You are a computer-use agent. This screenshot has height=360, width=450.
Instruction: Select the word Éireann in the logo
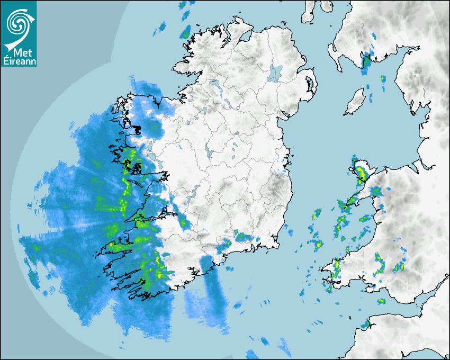(18, 61)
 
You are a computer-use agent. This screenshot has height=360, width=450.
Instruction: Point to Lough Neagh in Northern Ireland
(275, 73)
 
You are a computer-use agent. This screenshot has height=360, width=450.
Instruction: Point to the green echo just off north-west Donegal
(185, 33)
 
